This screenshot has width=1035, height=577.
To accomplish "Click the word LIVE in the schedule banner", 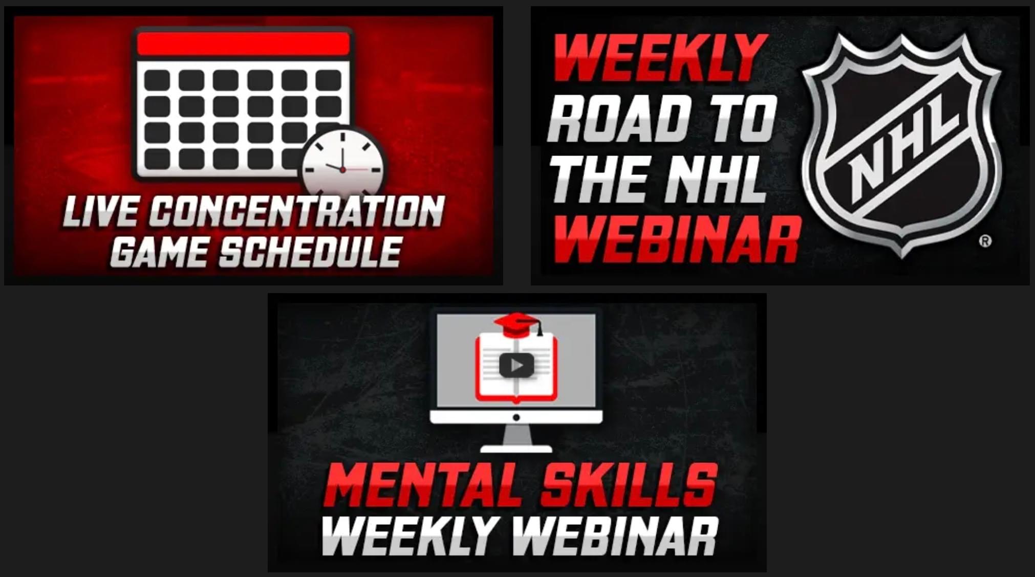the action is click(x=100, y=211).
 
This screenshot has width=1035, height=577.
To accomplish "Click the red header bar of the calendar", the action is click(x=243, y=44).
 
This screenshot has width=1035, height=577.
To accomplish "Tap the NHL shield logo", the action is click(x=901, y=145).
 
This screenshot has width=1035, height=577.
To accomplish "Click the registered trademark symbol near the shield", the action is click(x=985, y=241).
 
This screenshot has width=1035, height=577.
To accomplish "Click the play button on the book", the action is click(x=516, y=365).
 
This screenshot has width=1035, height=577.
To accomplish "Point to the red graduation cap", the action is click(x=518, y=325).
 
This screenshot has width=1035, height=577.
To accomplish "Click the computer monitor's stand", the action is click(x=516, y=438).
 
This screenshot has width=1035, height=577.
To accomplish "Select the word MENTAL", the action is click(x=427, y=485).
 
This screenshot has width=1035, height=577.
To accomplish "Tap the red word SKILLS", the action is click(x=629, y=485).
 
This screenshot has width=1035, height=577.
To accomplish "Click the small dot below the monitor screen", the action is click(x=516, y=417).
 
